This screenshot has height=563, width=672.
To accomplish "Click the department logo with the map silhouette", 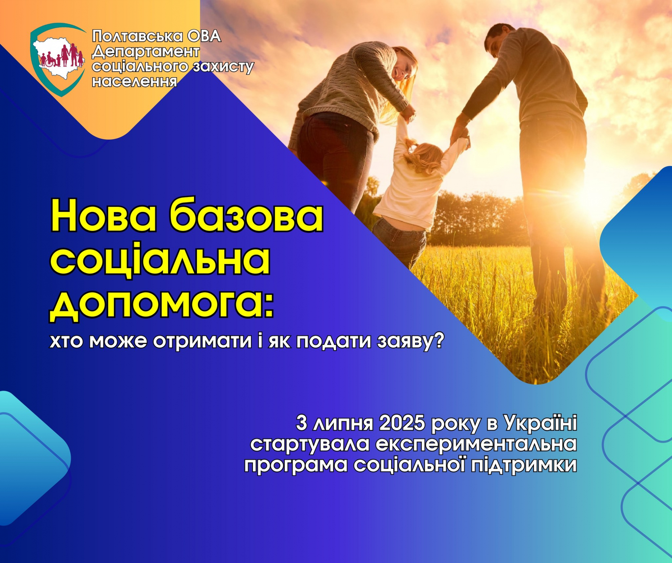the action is pyautogui.click(x=58, y=59).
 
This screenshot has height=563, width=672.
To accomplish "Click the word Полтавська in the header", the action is pyautogui.click(x=137, y=37).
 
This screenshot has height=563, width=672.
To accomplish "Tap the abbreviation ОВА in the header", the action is pyautogui.click(x=204, y=37).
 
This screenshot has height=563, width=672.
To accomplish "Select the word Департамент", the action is pyautogui.click(x=146, y=52).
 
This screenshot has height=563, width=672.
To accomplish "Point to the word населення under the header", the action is pyautogui.click(x=134, y=81).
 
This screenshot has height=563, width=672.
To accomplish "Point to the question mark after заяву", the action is pyautogui.click(x=439, y=341).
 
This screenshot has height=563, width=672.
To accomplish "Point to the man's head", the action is pyautogui.click(x=498, y=40).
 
